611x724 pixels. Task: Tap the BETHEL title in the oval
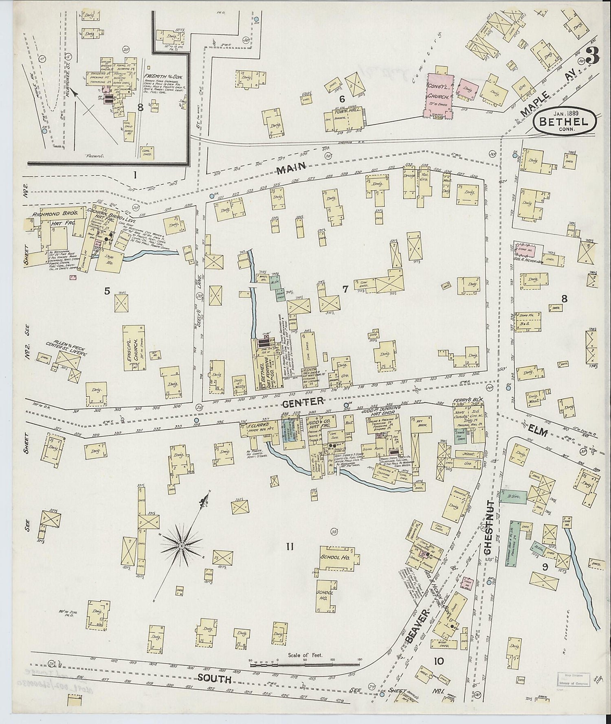564,121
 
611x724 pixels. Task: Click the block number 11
289,547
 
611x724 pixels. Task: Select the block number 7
345,289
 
